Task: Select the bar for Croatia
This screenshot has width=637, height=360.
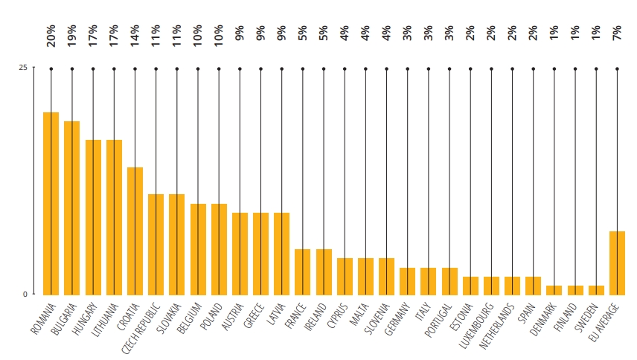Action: coord(135,230)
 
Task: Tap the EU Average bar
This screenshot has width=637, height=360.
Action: coord(617,262)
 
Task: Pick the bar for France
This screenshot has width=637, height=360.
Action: coord(302,271)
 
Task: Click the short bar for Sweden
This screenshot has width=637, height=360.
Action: coord(596,289)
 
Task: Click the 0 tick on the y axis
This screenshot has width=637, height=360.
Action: coord(25,294)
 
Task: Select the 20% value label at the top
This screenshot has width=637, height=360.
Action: coord(51,36)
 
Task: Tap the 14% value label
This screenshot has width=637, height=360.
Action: coord(135,36)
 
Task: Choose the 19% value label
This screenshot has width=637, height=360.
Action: coord(72,36)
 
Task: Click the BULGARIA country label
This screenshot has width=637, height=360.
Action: coord(65,318)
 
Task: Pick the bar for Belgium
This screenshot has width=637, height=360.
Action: coord(198,248)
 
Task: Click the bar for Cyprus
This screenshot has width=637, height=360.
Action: coord(345,275)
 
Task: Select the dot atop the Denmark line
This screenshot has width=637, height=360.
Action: coord(554,68)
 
